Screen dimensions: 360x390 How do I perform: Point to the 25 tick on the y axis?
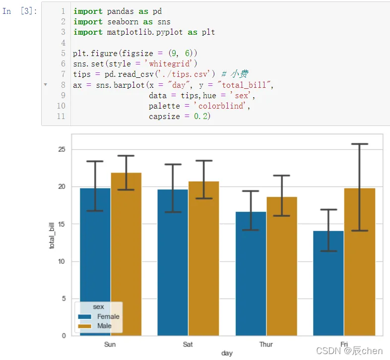(x=61, y=150)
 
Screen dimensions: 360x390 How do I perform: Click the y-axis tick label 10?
(x=61, y=261)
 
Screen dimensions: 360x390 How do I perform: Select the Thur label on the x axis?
(x=266, y=344)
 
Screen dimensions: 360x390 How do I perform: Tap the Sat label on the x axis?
(x=188, y=344)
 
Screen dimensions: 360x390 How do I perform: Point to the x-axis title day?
(x=227, y=354)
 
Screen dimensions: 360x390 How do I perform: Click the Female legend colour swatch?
(x=85, y=316)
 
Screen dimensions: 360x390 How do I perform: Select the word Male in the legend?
(x=104, y=326)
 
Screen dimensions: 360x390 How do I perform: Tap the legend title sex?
(x=98, y=307)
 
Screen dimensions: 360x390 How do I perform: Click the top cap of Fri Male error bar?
(x=359, y=144)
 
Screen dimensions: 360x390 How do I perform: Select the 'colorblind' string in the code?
(x=221, y=106)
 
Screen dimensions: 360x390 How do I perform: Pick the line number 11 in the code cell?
(x=61, y=116)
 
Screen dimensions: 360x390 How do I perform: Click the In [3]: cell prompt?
(x=19, y=11)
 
